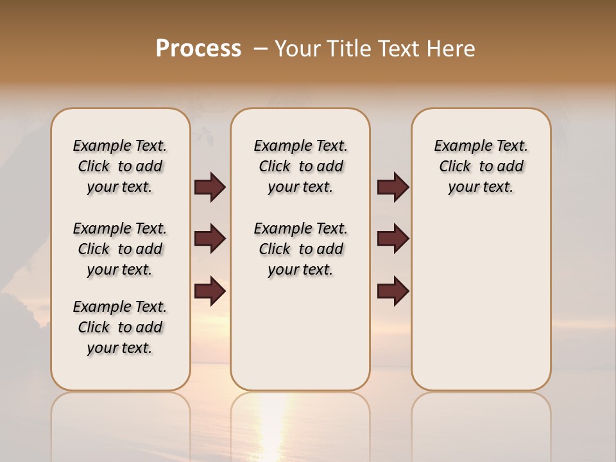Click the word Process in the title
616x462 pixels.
click(x=198, y=48)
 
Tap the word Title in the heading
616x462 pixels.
click(x=347, y=48)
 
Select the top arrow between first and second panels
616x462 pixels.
click(x=210, y=187)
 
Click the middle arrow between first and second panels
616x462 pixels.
click(x=210, y=239)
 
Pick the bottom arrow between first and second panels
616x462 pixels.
click(x=210, y=291)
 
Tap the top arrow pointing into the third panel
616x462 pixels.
click(x=393, y=187)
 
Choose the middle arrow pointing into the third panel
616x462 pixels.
click(x=393, y=239)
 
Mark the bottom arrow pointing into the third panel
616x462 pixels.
click(x=393, y=291)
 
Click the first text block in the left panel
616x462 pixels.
click(x=120, y=166)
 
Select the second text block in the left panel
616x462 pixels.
click(x=120, y=249)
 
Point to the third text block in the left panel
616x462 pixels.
click(x=120, y=327)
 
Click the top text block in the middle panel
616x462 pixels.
click(x=300, y=166)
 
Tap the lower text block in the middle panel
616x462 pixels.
click(x=300, y=249)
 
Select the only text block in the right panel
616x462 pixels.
click(x=481, y=166)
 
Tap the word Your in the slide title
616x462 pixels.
click(x=296, y=48)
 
